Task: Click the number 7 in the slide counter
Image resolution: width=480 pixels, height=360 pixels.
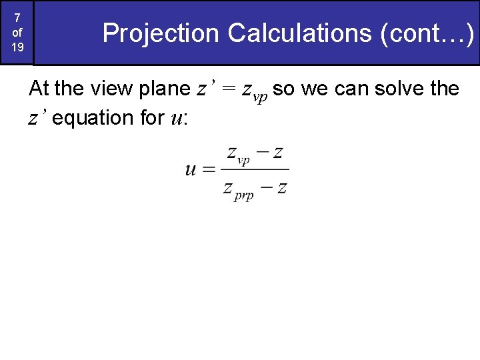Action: pyautogui.click(x=17, y=18)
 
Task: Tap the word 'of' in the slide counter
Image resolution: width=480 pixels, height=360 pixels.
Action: pyautogui.click(x=17, y=32)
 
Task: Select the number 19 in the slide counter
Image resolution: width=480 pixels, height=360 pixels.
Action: pyautogui.click(x=17, y=47)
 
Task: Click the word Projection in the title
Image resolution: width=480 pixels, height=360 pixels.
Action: pyautogui.click(x=161, y=33)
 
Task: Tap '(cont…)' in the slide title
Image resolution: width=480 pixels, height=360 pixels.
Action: pyautogui.click(x=427, y=33)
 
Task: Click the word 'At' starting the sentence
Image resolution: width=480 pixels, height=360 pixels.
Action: pyautogui.click(x=39, y=88)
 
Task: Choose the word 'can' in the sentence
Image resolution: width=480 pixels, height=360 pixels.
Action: pyautogui.click(x=355, y=88)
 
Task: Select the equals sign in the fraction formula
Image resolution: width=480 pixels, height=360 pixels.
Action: pyautogui.click(x=209, y=169)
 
